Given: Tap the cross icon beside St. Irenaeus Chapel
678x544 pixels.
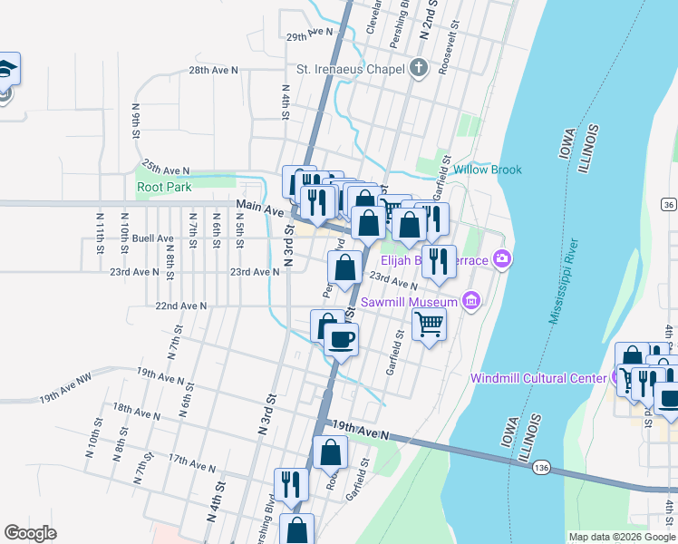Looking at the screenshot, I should pos(418,68).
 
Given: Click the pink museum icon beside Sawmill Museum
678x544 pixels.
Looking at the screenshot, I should pos(470,300).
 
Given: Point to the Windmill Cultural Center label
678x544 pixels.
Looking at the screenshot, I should pos(539,378).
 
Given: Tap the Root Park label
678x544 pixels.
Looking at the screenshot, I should pos(164,187).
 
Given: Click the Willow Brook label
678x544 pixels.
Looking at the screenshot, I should pos(488,170).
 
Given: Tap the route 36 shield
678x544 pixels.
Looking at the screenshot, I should pos(668,205).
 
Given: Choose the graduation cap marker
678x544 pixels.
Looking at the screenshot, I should pos(5,70).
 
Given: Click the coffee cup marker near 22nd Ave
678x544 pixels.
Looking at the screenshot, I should pos(341,340).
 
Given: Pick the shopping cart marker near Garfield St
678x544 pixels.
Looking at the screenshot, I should pos(429,323).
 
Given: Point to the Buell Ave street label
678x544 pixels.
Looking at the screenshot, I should pos(152,238).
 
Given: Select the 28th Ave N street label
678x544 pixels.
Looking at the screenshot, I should pos(213,70).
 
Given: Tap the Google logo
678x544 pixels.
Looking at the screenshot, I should pos(30,532).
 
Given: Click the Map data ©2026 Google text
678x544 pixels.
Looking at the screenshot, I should pos(621,537).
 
